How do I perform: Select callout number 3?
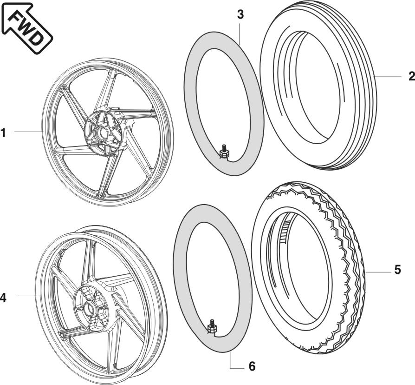point(240,14)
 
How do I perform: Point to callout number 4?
point(3,298)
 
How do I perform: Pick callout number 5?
point(397,270)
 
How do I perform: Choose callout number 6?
point(252,366)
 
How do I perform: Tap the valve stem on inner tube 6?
point(212,325)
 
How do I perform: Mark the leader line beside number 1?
point(28,132)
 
